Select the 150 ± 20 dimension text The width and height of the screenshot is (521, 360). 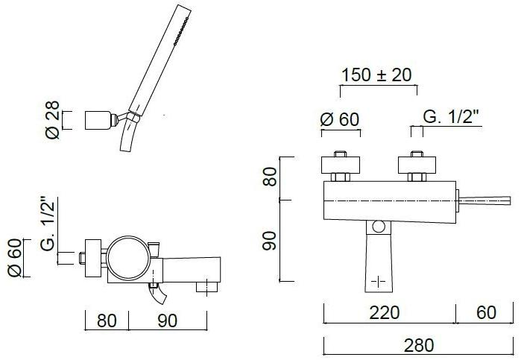[x=377, y=75]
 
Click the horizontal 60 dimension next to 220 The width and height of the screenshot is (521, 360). [x=486, y=313]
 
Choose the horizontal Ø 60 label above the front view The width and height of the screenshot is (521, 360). [x=339, y=119]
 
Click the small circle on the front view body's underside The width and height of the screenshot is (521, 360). [x=378, y=226]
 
